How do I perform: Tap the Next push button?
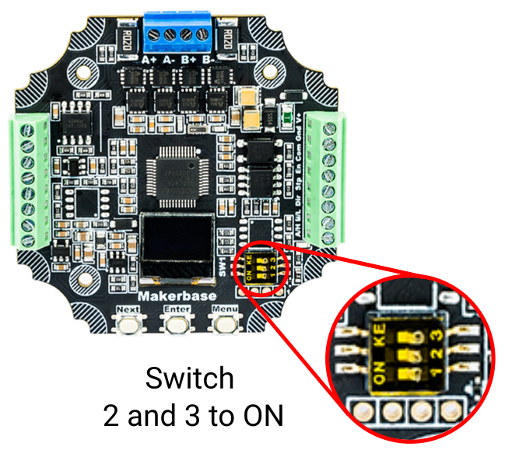pos(128,322)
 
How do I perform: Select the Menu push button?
pos(224,322)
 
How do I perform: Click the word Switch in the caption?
pos(189,379)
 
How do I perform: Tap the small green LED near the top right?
pos(289,119)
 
